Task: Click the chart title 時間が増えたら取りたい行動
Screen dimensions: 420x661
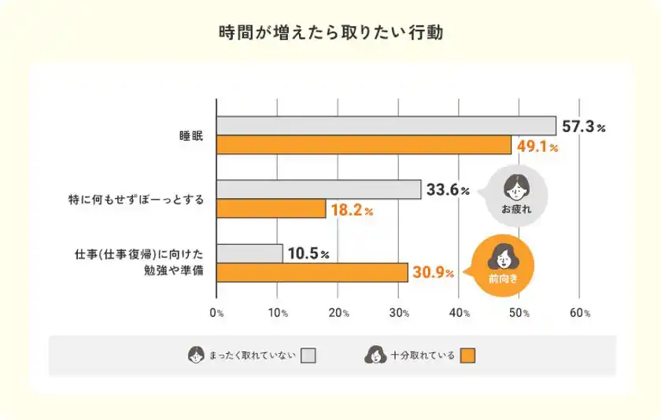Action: point(330,33)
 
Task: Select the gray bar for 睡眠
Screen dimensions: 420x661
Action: point(386,126)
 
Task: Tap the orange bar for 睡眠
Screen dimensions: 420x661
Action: point(364,146)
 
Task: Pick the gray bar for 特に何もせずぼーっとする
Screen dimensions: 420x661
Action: point(319,190)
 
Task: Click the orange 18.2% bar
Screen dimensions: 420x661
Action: point(271,208)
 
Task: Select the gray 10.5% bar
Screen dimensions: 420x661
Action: point(249,253)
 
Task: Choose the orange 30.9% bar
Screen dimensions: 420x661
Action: point(312,272)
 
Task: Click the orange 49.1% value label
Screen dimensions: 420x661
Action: point(537,146)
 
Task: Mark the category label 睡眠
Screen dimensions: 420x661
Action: point(192,136)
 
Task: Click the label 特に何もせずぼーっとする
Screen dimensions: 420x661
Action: point(136,200)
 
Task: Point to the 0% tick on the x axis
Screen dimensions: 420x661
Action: point(217,312)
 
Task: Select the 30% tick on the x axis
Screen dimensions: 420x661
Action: point(398,312)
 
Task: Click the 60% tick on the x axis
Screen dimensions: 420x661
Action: point(580,312)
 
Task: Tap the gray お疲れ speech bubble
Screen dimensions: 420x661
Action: point(516,195)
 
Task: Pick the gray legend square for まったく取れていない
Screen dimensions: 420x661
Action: point(308,356)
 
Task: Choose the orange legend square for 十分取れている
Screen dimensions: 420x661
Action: point(468,356)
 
